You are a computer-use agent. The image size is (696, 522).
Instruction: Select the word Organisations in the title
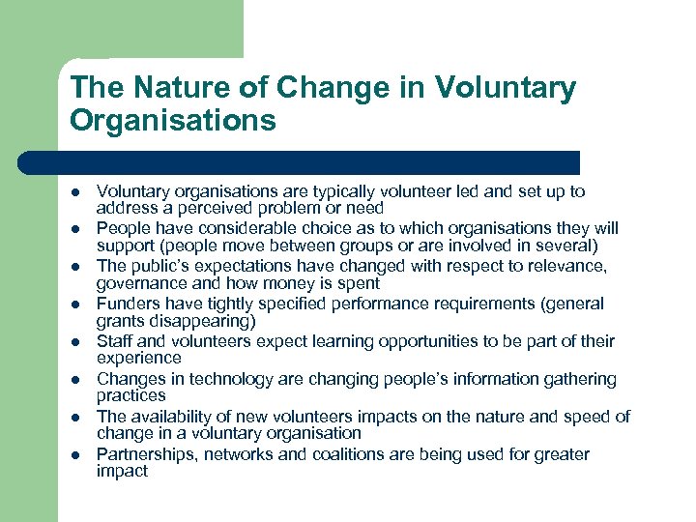pyautogui.click(x=173, y=121)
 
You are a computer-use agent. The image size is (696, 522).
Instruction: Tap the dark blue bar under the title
pyautogui.click(x=300, y=162)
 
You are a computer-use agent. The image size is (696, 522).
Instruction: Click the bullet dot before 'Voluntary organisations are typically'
pyautogui.click(x=75, y=192)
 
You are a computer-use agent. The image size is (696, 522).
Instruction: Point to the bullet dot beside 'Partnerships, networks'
pyautogui.click(x=75, y=455)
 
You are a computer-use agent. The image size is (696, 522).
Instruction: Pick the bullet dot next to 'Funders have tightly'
pyautogui.click(x=75, y=304)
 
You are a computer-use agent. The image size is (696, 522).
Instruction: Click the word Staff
pyautogui.click(x=114, y=342)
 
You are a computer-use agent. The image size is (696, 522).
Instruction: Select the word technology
pyautogui.click(x=226, y=380)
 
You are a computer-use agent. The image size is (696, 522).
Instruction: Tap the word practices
pyautogui.click(x=130, y=395)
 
